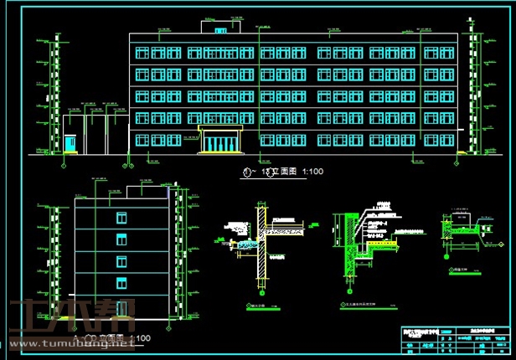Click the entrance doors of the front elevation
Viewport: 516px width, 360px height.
(220, 143)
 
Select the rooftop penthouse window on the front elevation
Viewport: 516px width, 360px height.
(220, 31)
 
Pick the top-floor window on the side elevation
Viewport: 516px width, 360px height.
(121, 219)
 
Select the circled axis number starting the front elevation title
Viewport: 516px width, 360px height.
(245, 172)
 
